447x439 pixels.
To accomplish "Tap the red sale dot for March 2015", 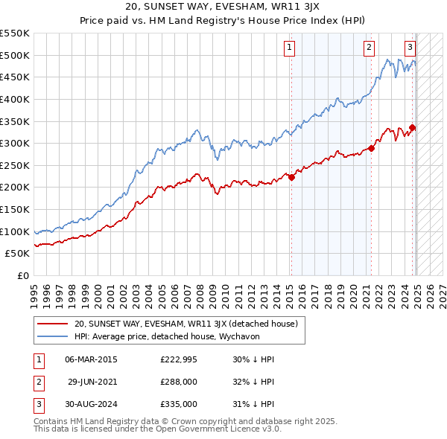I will coord(292,177).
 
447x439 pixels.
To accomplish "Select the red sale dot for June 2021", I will coord(372,148).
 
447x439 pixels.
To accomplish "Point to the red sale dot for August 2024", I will coord(413,127).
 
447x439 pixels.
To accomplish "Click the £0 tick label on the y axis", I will coord(23,276).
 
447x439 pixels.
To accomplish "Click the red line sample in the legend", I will coord(52,324).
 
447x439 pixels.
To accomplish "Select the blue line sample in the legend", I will coord(52,336).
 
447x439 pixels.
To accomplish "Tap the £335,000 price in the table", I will coord(180,404).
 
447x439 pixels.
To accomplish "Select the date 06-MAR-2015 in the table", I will coord(92,359).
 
